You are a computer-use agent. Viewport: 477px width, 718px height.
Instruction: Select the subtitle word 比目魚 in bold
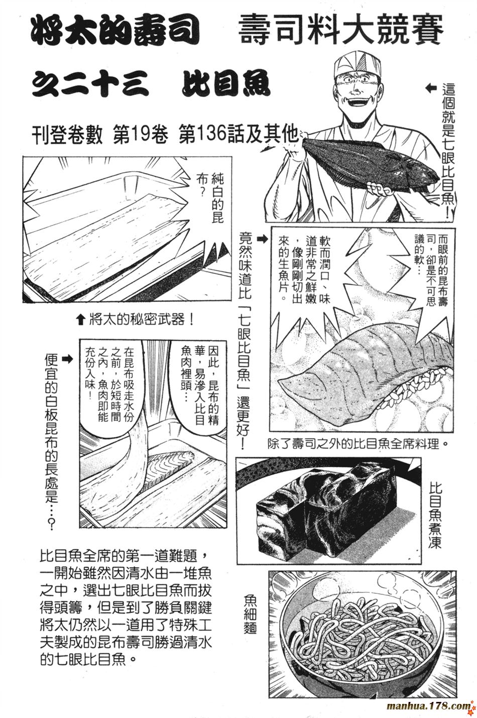click(226, 84)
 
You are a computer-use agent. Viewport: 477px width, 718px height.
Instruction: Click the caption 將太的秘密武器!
click(136, 319)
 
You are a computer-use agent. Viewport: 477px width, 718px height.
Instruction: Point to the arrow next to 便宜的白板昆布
click(66, 359)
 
